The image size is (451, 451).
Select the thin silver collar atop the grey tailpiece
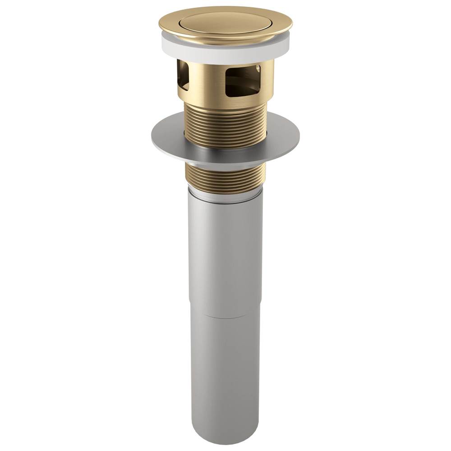click(x=225, y=195)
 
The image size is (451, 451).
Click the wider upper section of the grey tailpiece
click(x=225, y=252)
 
